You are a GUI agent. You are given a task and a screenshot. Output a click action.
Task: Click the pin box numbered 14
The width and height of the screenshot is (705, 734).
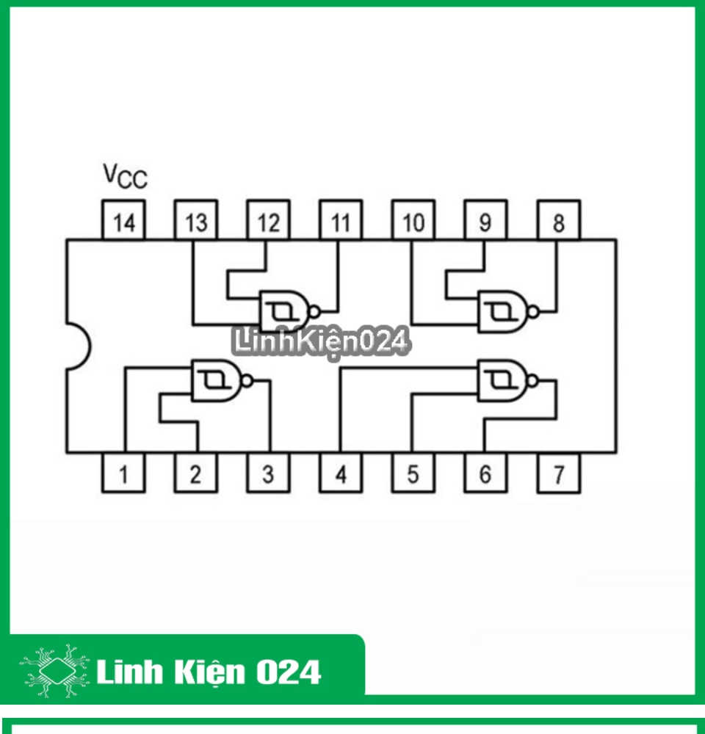coord(123,219)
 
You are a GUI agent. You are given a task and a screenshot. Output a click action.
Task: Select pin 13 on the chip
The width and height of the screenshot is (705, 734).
coord(196,219)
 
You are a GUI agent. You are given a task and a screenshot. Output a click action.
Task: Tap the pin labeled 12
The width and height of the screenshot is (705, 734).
coord(269,219)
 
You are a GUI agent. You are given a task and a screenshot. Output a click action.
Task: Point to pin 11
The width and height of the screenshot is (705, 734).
coord(341,219)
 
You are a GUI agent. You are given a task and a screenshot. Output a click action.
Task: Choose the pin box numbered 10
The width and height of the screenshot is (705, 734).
coord(413,219)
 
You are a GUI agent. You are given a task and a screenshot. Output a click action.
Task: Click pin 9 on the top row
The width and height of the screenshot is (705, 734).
coord(485,219)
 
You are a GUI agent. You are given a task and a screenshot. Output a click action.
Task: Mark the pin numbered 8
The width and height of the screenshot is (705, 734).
coord(558,219)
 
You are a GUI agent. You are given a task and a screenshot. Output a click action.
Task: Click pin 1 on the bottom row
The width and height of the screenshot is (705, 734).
coord(123,473)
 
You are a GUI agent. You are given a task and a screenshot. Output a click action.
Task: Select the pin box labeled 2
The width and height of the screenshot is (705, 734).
coord(196,473)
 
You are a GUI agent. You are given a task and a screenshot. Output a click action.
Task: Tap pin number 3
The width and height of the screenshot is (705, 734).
coord(269,473)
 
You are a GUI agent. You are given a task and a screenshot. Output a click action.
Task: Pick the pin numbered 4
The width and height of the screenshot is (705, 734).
coord(341,473)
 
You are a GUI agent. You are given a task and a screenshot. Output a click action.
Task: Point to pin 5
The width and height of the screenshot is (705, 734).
coord(413,473)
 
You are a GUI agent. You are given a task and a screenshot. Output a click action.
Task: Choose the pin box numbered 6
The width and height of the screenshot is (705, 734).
coord(485,473)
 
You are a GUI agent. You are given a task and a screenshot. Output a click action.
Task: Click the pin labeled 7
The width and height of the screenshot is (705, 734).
coord(558,473)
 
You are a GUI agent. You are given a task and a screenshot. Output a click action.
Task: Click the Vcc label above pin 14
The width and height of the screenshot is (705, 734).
coord(125,176)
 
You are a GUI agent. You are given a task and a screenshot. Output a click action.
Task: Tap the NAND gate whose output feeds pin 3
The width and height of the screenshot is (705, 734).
coord(222,380)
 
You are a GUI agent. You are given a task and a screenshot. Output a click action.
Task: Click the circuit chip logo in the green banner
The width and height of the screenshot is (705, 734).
coord(55,671)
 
